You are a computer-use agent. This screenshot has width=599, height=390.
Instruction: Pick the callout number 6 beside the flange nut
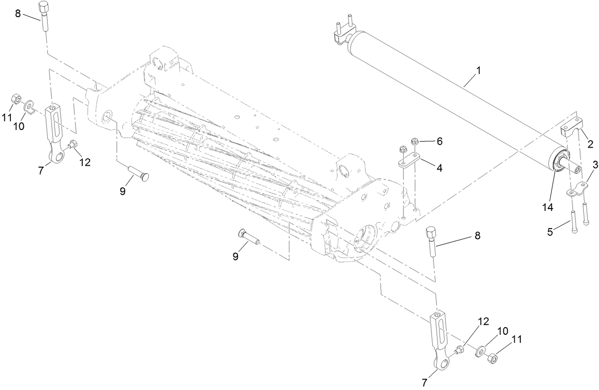(439, 141)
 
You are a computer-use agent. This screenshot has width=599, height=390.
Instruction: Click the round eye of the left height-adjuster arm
(57, 156)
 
